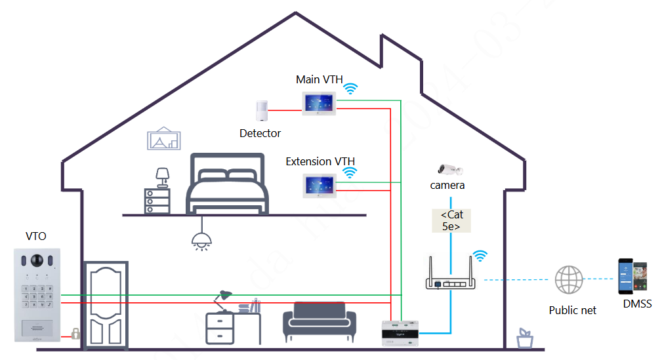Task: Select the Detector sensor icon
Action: pos(262,111)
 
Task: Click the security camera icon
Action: pos(450,169)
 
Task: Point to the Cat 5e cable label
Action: pos(450,220)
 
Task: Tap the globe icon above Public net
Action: pos(568,280)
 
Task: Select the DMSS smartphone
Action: pos(632,277)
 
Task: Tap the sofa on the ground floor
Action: pos(319,321)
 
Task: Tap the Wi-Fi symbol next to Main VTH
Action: pos(352,89)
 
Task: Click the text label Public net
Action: pos(573,310)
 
